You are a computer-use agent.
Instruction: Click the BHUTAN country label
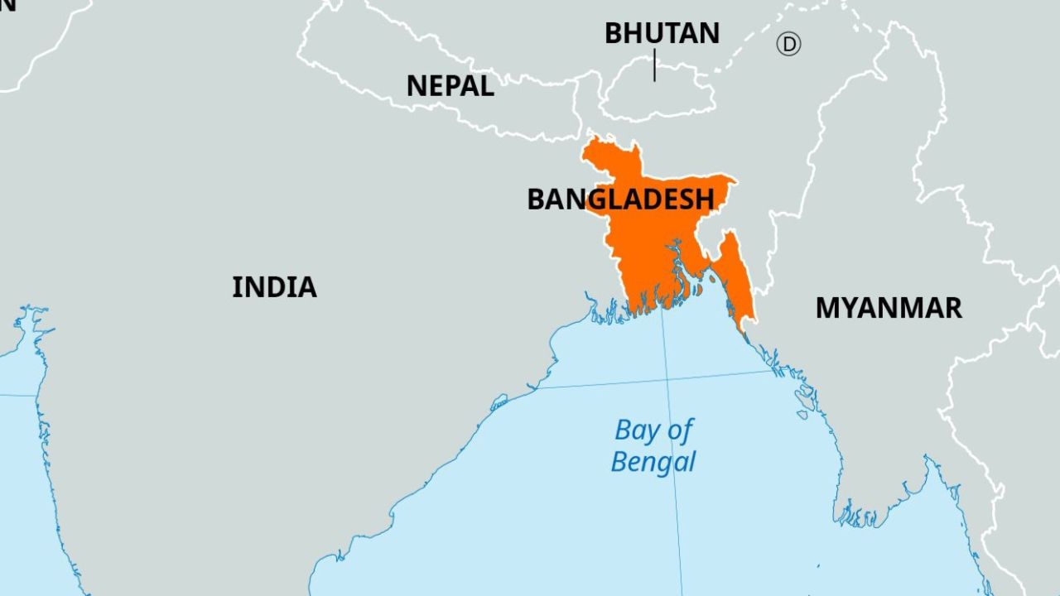pos(662,33)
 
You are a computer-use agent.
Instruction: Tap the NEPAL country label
pos(450,85)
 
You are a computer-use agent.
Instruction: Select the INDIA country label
pos(274,287)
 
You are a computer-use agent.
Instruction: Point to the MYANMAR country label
pos(889,308)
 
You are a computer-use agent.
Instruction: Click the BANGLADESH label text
pos(620,199)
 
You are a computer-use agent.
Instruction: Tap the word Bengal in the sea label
pos(653,462)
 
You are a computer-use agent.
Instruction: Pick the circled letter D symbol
pos(788,44)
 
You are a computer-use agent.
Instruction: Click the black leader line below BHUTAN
pos(654,65)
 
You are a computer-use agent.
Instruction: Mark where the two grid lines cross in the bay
pos(667,379)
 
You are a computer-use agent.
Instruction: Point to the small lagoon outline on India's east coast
pos(499,403)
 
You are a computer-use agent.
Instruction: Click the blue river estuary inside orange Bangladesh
pos(679,265)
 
